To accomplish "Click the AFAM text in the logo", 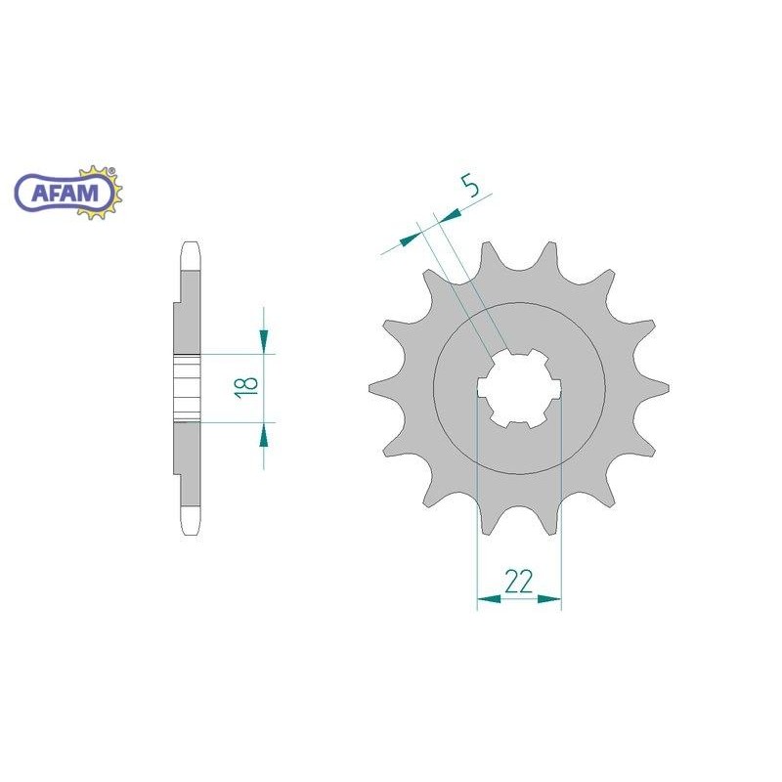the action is click(x=65, y=192).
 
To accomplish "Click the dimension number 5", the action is click(x=470, y=186).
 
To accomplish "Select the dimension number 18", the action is click(x=247, y=386).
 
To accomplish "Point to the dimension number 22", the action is click(x=519, y=582).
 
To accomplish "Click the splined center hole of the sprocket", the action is click(x=519, y=388).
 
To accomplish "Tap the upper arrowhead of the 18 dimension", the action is click(x=264, y=340).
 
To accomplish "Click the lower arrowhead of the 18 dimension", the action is click(x=264, y=435).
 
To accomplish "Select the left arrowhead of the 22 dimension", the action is click(x=489, y=598).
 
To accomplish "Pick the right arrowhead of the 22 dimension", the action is click(x=549, y=598).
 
